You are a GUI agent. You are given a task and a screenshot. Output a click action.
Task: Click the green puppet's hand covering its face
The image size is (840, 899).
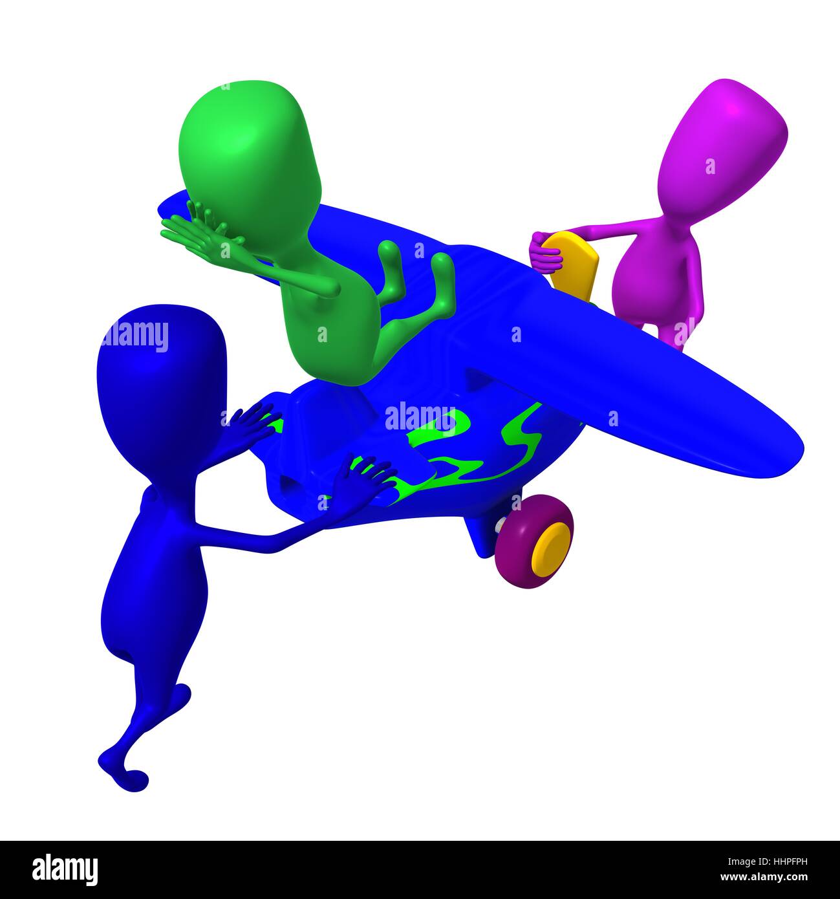tap(199, 233)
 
